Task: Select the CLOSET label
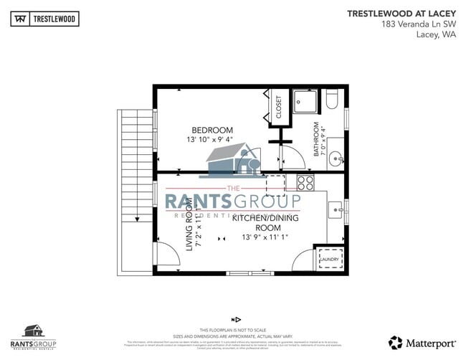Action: point(278,107)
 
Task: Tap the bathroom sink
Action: point(338,160)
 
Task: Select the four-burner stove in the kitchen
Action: point(305,182)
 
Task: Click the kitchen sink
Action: point(336,210)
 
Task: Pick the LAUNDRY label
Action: point(330,260)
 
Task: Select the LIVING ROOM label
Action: point(190,225)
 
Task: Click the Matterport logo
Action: point(421,342)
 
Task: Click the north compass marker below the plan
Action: point(234,319)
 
